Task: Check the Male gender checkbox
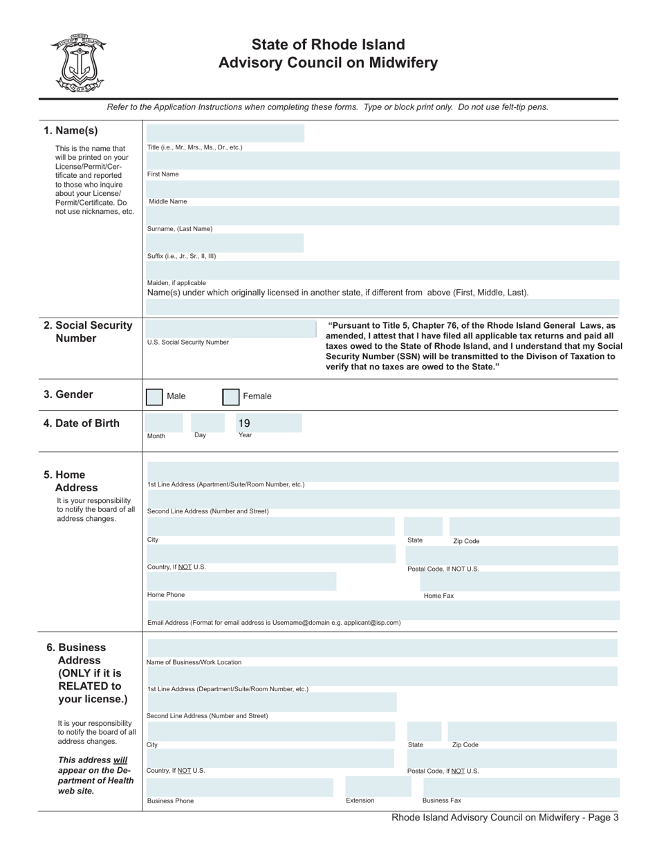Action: (154, 396)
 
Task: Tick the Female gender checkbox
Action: (230, 396)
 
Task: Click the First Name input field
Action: (382, 161)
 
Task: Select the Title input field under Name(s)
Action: (224, 134)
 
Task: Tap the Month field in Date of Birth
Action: (163, 423)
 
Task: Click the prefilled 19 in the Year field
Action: (244, 423)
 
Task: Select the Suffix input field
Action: (224, 243)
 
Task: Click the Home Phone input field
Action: (241, 581)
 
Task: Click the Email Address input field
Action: (382, 610)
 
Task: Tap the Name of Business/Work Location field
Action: (382, 648)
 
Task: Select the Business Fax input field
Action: (514, 787)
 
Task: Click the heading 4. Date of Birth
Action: (82, 423)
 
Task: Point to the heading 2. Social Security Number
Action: (88, 332)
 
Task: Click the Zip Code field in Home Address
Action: (533, 527)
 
